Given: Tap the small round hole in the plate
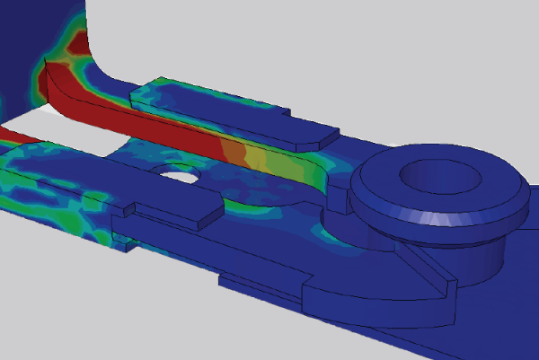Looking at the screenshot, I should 177,172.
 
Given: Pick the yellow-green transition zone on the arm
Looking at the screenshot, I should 252,159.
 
